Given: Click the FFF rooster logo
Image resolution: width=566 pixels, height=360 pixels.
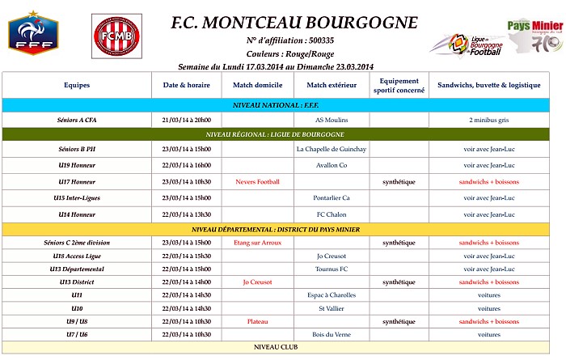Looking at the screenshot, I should [32, 35].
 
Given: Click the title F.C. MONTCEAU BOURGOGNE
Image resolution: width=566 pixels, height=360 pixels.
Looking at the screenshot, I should [294, 22].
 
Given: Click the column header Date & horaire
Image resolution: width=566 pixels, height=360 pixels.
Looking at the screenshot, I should [187, 85].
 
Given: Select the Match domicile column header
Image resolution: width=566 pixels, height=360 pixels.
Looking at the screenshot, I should [257, 85].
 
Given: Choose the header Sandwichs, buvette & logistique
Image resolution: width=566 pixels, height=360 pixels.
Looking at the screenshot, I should [488, 85].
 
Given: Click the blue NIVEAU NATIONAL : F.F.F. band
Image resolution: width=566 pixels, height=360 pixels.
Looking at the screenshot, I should [283, 105].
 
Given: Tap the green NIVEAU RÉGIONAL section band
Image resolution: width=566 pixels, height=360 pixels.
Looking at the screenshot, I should [283, 134].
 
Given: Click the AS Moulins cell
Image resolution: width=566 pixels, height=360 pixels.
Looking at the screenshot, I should [331, 120].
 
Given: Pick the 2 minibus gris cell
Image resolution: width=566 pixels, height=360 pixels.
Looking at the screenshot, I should [488, 120].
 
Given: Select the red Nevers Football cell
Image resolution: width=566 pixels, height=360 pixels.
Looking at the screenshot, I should [257, 182].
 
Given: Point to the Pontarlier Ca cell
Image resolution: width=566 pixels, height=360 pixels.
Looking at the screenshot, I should [331, 198].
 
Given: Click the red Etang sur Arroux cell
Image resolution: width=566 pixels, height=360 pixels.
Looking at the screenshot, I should [257, 243].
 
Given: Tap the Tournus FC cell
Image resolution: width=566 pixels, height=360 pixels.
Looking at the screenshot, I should [331, 269].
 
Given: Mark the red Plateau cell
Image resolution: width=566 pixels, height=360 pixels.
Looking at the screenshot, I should [257, 321].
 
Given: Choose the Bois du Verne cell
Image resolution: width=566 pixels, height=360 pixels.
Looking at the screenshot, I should [331, 334].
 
